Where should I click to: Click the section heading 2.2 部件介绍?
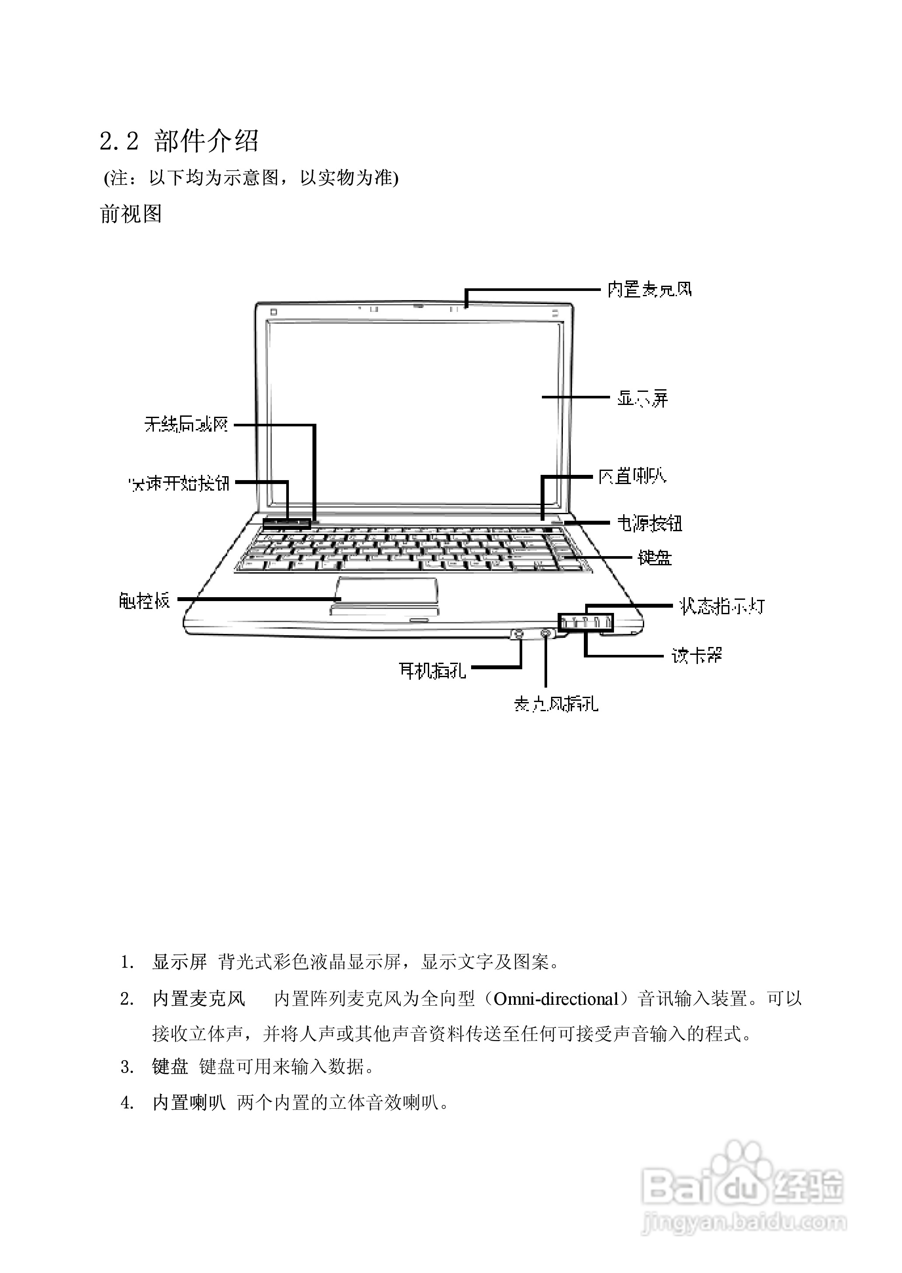click(179, 141)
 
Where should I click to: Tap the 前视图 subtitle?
click(131, 214)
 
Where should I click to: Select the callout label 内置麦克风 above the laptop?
click(649, 289)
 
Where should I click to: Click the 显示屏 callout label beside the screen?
click(642, 398)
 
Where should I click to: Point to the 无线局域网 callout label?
click(186, 425)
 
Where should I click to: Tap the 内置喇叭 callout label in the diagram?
click(632, 476)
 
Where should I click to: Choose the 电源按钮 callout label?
click(649, 523)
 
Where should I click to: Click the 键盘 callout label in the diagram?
click(654, 557)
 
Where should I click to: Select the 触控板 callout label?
click(144, 600)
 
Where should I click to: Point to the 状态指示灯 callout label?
click(722, 606)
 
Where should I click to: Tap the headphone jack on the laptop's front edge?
click(518, 633)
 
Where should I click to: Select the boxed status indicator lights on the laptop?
click(586, 623)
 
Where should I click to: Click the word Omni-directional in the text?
click(556, 999)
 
